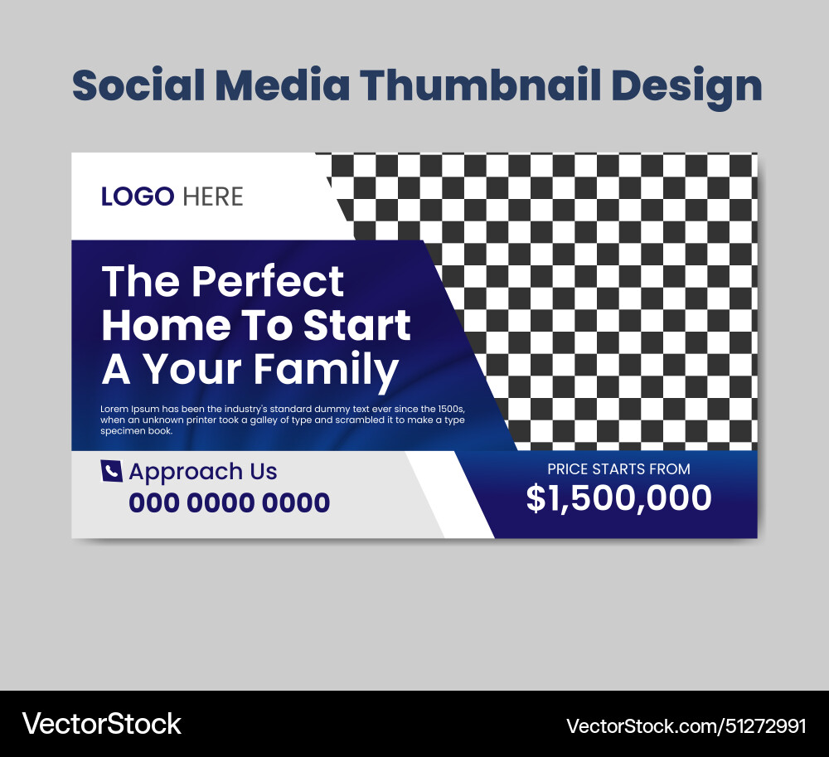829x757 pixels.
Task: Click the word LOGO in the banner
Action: pos(138,197)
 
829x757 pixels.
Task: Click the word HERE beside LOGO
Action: pos(213,197)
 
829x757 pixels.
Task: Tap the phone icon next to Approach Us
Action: pos(111,471)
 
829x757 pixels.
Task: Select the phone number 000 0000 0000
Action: pos(229,502)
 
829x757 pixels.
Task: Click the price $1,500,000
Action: pos(618,498)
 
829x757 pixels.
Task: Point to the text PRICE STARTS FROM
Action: pos(618,469)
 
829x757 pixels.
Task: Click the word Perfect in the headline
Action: pos(267,283)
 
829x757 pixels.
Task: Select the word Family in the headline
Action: pos(326,371)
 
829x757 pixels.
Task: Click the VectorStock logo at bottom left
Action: pos(102,724)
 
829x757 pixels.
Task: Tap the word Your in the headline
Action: pos(193,371)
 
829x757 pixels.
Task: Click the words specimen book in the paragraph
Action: pos(137,431)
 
